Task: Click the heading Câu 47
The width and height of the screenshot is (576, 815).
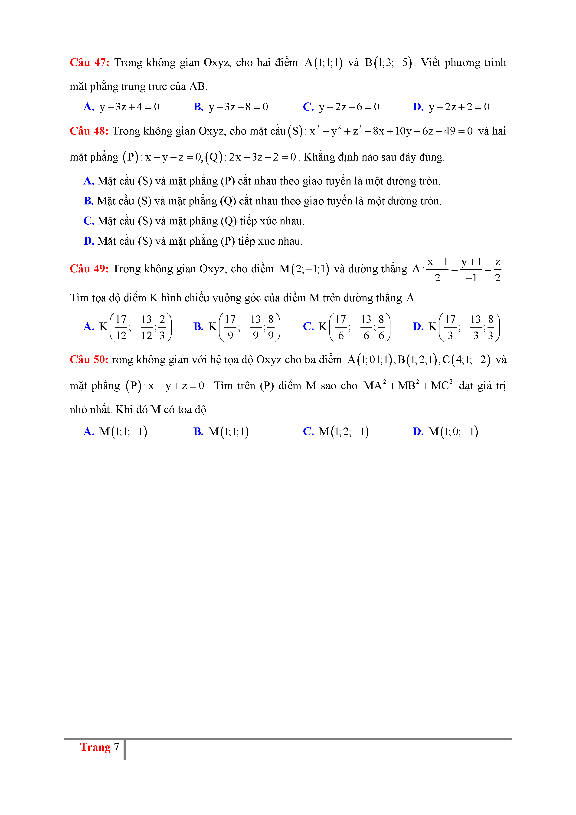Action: click(89, 62)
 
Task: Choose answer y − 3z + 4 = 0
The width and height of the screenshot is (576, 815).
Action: click(130, 107)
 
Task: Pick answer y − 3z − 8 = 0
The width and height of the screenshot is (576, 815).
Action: click(238, 107)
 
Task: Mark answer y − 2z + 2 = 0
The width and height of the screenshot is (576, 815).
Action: click(459, 107)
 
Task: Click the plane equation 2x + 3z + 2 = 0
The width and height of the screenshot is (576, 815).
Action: click(262, 157)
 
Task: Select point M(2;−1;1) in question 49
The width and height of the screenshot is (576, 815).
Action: click(304, 269)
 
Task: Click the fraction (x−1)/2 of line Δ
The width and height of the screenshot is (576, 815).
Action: click(437, 270)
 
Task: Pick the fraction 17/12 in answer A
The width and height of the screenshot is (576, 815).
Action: click(121, 327)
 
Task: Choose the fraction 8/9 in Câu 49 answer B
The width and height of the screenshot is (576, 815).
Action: click(271, 327)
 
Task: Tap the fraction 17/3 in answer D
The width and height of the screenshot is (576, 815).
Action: click(450, 327)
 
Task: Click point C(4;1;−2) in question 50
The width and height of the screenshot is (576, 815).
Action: click(466, 360)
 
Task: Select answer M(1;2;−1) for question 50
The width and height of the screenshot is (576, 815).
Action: click(344, 432)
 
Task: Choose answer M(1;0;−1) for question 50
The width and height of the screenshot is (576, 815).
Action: click(453, 432)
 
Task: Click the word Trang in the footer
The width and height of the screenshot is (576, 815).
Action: click(95, 747)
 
